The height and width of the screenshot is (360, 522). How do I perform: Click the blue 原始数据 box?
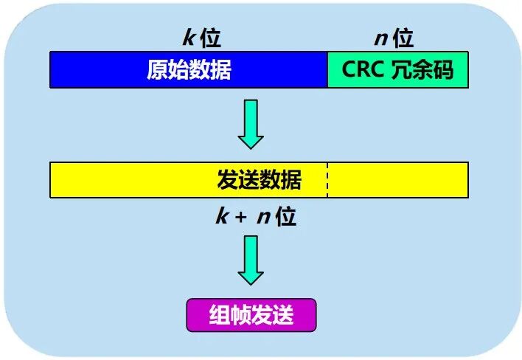(189, 70)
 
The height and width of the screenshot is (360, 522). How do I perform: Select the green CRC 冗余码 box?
(397, 70)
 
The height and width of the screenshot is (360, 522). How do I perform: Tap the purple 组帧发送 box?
(251, 315)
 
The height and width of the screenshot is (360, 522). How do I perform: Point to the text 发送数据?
(259, 179)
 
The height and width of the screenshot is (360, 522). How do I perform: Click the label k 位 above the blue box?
(201, 38)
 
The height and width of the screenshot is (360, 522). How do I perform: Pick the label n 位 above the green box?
(394, 38)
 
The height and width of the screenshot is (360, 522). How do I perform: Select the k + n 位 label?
(255, 216)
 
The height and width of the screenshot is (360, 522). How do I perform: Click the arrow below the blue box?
(251, 125)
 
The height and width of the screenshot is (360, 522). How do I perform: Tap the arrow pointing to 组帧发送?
(251, 260)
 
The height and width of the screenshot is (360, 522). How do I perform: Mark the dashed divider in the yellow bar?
(327, 180)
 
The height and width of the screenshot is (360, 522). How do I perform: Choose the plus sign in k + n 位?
(241, 217)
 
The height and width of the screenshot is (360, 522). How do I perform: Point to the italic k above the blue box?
(187, 38)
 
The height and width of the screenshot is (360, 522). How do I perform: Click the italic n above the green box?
(380, 38)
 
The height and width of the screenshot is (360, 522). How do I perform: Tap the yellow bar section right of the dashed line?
(397, 180)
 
